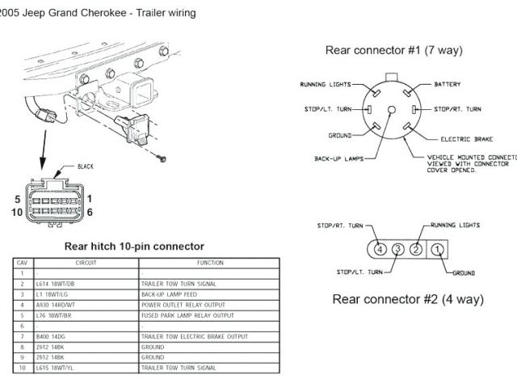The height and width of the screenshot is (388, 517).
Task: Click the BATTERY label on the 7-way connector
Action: pos(448,84)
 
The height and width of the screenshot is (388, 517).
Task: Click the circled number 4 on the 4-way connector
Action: pos(380,248)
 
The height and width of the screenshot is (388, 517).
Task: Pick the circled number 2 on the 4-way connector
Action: pos(414,248)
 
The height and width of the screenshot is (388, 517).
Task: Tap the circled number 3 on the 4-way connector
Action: pos(397,248)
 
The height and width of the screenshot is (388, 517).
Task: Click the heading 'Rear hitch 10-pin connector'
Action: pos(133,246)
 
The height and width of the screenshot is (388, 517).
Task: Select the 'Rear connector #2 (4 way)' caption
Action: pos(408,299)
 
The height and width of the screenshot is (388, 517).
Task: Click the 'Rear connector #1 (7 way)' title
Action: pos(393,50)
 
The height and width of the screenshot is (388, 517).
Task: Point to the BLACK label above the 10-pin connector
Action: pos(86,167)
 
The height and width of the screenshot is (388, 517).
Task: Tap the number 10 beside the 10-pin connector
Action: pos(15,212)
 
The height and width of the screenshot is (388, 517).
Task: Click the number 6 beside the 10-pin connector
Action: pos(89,212)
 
